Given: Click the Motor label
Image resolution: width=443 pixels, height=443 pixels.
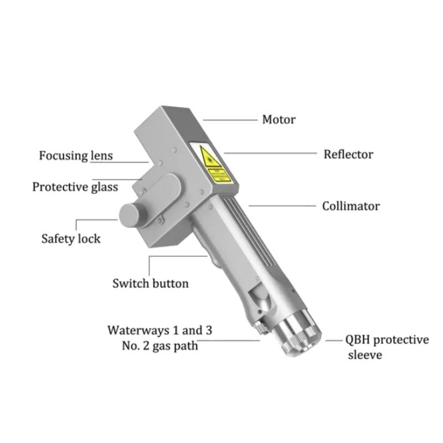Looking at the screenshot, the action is pos(279,120).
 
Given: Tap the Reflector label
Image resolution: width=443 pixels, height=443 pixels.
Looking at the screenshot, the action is pos(348,154).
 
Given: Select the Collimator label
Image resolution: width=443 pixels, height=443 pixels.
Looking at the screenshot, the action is pos(351,206).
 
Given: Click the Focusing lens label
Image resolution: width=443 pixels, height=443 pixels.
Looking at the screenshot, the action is pos(76,156).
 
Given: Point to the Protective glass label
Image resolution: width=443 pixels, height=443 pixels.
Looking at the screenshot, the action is pos(75,187).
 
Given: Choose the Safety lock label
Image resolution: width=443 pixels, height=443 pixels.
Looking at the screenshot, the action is pos(71,239).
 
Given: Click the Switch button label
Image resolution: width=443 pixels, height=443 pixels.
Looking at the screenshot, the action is pos(151,284).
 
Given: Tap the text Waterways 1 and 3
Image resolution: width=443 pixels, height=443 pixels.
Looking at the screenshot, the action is pos(159,330).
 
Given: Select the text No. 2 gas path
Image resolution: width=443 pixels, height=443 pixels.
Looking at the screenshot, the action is pos(160,346).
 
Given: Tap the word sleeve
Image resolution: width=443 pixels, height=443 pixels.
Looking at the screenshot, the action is pos(365,355).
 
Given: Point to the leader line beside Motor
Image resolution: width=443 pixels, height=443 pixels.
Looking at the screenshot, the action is pos(230,120).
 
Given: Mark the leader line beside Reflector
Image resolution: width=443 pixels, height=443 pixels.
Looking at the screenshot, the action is pos(271,153).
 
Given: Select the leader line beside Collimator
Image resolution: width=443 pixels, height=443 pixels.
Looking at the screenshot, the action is pos(282,206).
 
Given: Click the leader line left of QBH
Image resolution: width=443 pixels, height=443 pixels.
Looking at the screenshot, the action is pos(334,341).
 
